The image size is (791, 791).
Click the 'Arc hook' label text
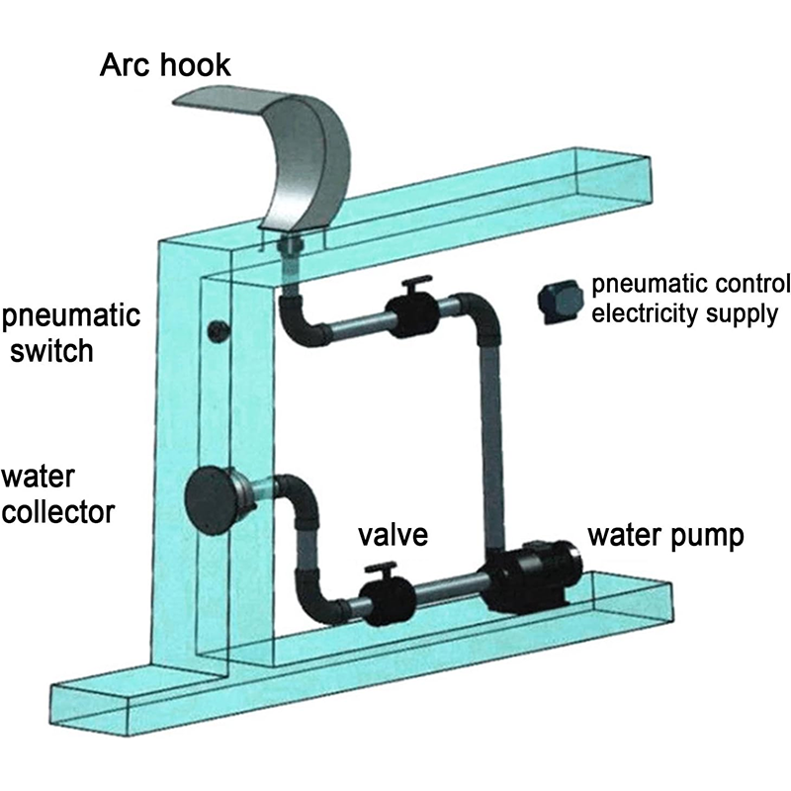165,65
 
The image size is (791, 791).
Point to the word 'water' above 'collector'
37,479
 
